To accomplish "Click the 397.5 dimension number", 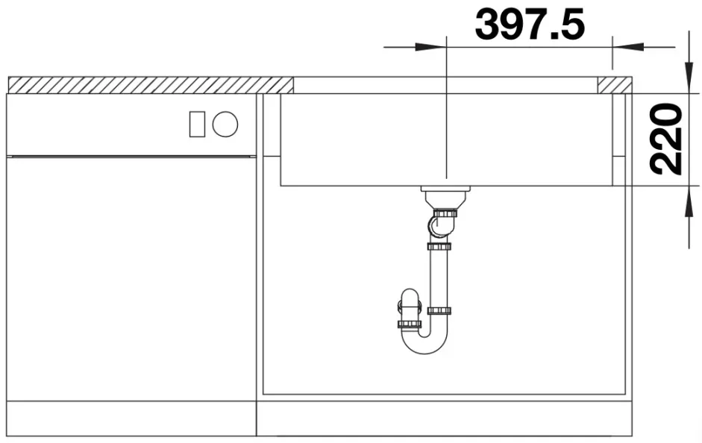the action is click(x=530, y=25).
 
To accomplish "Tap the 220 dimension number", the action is click(x=666, y=139).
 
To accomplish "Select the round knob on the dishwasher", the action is click(x=225, y=124).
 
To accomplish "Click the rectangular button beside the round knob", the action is click(x=197, y=124).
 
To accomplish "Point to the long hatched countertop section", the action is click(x=151, y=85).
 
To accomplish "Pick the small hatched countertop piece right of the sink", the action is click(x=615, y=85).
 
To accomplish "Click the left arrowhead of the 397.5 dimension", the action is click(x=430, y=47).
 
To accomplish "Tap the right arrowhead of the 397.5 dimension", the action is click(x=628, y=47).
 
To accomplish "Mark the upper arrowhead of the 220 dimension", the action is click(x=689, y=78).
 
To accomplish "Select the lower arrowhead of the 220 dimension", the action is click(x=689, y=201).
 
